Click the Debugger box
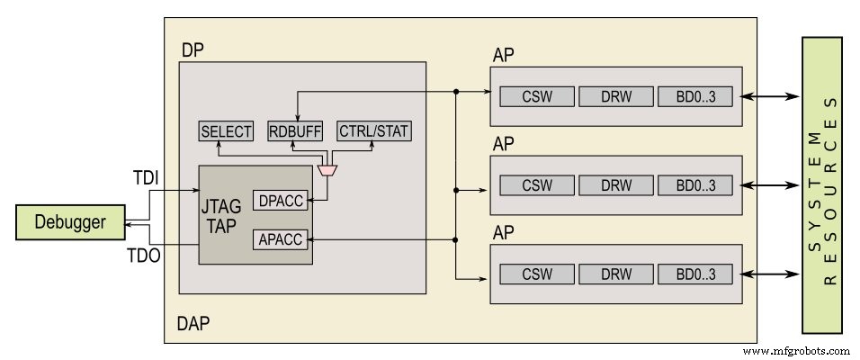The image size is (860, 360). [x=70, y=222]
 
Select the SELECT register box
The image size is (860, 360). [x=227, y=131]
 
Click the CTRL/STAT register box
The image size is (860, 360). [x=373, y=131]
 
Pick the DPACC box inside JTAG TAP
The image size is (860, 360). [x=280, y=202]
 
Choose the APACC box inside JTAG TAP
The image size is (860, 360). [x=280, y=238]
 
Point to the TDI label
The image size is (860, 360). [x=145, y=178]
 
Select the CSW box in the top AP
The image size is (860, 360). [x=536, y=95]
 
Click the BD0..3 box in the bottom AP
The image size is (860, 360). [x=694, y=274]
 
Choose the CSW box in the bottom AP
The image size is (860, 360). [x=536, y=274]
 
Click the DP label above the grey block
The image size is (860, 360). [x=192, y=50]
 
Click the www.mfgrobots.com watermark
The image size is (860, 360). [x=795, y=351]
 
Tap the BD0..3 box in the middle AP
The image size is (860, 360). [x=694, y=184]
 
